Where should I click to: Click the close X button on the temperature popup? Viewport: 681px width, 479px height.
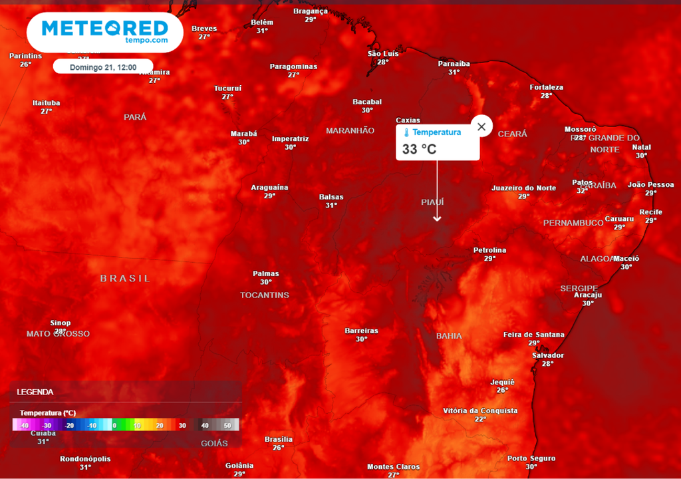(481, 126)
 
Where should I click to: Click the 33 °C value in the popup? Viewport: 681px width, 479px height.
(420, 149)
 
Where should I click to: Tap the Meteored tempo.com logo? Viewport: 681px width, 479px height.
(105, 31)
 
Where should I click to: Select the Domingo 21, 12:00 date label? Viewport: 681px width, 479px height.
(103, 67)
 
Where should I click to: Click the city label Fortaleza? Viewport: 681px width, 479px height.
(546, 87)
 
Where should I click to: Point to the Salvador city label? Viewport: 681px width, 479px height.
(547, 355)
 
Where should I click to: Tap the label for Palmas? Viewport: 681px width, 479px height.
(266, 273)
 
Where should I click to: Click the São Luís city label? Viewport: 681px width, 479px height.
(383, 53)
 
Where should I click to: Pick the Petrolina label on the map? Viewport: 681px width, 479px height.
(489, 250)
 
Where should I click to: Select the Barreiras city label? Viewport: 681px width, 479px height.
(361, 331)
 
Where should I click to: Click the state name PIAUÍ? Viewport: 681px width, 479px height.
(432, 202)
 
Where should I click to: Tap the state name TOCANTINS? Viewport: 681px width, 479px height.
(265, 295)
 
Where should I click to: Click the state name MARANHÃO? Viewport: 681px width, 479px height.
(350, 130)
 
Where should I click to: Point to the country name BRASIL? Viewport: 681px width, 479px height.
(126, 278)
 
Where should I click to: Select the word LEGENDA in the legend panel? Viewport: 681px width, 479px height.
(35, 392)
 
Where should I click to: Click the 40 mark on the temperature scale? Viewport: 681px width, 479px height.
(205, 425)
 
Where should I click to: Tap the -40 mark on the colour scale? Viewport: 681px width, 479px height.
(24, 425)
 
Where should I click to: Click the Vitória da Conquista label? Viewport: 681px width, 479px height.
(480, 410)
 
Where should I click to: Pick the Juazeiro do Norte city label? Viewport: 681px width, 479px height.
(523, 188)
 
